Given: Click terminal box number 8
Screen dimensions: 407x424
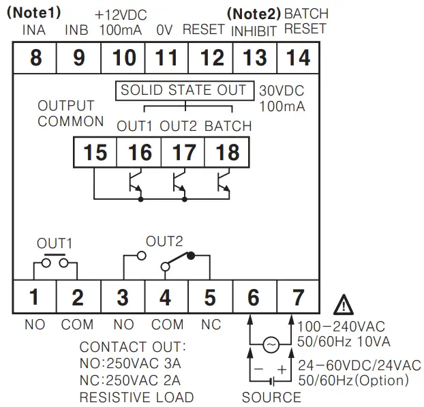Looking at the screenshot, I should click(x=35, y=58).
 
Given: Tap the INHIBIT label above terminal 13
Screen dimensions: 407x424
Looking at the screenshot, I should click(x=254, y=31).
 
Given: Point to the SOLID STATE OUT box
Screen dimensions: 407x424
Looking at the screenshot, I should click(x=185, y=90).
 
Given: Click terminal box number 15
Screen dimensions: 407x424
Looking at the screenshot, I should click(x=95, y=152).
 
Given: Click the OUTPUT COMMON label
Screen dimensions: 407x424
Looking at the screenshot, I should click(x=70, y=114).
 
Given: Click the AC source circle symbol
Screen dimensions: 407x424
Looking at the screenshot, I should click(x=271, y=345).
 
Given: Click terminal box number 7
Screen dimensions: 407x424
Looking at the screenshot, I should click(x=299, y=298).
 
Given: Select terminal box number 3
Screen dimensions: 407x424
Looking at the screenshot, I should click(x=123, y=298).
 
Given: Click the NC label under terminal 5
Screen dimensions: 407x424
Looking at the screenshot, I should click(x=211, y=325).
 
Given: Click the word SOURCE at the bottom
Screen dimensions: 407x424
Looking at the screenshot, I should click(x=271, y=397).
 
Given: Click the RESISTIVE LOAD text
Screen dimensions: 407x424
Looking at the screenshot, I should click(x=136, y=397).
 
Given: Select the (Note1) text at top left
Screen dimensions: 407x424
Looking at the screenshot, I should click(x=33, y=13).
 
